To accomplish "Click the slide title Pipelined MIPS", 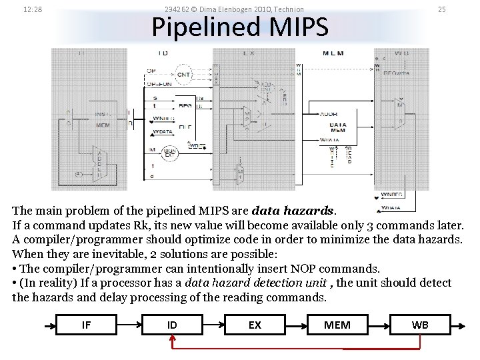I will [240, 28].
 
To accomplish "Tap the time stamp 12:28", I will [33, 9].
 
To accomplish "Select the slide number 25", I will [441, 9].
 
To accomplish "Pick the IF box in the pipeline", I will [86, 325].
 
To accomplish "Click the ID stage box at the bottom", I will [172, 325].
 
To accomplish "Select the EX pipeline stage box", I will [255, 325].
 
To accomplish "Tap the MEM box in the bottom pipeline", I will [337, 325].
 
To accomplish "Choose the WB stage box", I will [420, 325].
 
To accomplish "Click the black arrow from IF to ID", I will [129, 325].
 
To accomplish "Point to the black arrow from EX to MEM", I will [295, 325].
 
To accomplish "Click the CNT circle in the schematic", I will [183, 75].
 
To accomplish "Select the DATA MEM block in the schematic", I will [338, 127].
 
